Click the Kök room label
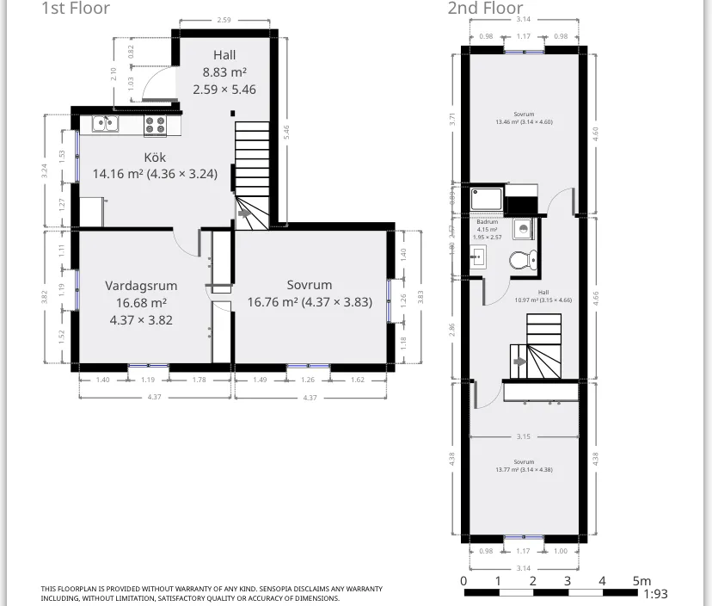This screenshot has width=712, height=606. click(x=155, y=158)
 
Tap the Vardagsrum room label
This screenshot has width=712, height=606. click(x=141, y=285)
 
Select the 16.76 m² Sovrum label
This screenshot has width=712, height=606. click(x=309, y=285)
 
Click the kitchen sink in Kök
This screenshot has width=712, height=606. click(x=105, y=124)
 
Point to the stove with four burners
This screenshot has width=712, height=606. click(x=155, y=125)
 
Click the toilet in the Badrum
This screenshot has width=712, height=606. click(x=523, y=259)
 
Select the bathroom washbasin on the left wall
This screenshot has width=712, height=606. click(x=479, y=257)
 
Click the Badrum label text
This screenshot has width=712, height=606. click(x=487, y=222)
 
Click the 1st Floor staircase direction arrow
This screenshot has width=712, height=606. click(x=245, y=213)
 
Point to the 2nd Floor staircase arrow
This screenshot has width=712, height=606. click(x=519, y=362)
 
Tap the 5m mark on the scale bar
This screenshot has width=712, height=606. click(x=641, y=581)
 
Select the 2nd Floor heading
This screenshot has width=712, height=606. click(x=485, y=9)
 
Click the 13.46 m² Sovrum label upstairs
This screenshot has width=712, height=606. click(x=524, y=114)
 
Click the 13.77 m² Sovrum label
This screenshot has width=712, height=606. click(x=524, y=462)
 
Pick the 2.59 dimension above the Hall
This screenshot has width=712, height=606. click(x=224, y=19)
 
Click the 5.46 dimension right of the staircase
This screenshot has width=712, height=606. click(x=285, y=131)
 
